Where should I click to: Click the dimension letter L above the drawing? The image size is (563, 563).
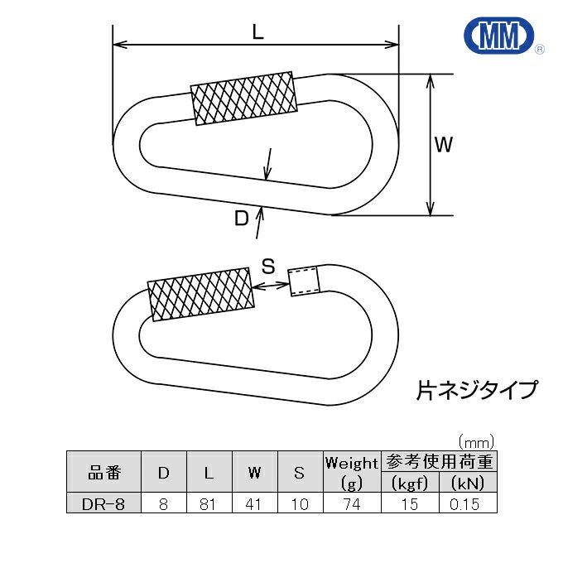coord(257,32)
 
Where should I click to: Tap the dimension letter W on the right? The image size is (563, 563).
coord(444,145)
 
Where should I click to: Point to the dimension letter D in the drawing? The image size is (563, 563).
coord(240,218)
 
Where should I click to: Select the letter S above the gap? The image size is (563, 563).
coord(268,266)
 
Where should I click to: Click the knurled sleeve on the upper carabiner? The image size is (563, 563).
coord(243,99)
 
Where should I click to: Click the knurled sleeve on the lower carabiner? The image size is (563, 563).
coord(200,293)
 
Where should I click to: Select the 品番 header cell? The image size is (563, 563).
coord(104,474)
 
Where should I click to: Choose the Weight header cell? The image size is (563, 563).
coord(351,463)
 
